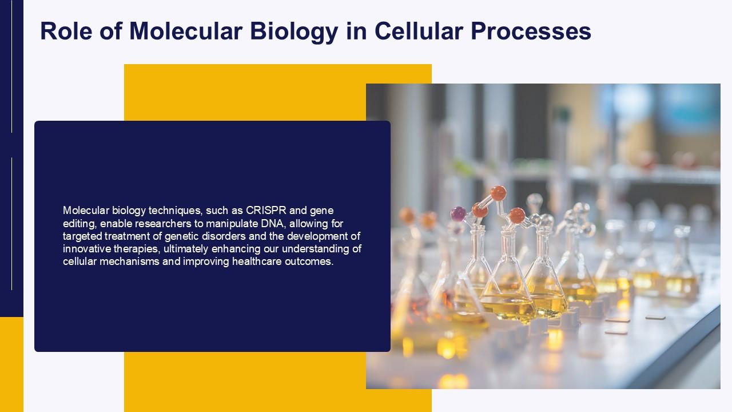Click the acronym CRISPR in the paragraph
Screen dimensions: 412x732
click(x=266, y=211)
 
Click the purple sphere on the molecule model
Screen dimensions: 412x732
click(x=458, y=214)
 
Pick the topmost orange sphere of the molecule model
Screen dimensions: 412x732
click(x=498, y=193)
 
